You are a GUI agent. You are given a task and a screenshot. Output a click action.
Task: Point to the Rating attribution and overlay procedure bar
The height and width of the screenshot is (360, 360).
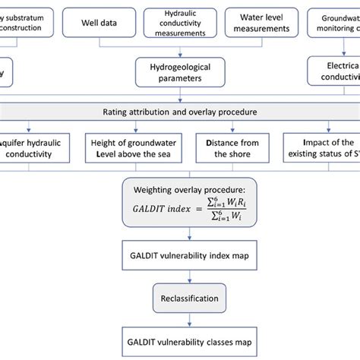pos(180,112)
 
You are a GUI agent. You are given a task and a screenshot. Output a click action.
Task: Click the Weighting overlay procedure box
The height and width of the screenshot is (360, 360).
pos(180,201)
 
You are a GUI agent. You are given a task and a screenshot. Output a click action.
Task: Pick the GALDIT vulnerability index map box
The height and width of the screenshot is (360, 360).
pos(180,254)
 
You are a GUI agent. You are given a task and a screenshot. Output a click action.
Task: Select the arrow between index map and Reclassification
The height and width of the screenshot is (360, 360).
pos(180,275)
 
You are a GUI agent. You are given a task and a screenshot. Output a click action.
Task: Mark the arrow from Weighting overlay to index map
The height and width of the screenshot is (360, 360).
pos(180,232)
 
